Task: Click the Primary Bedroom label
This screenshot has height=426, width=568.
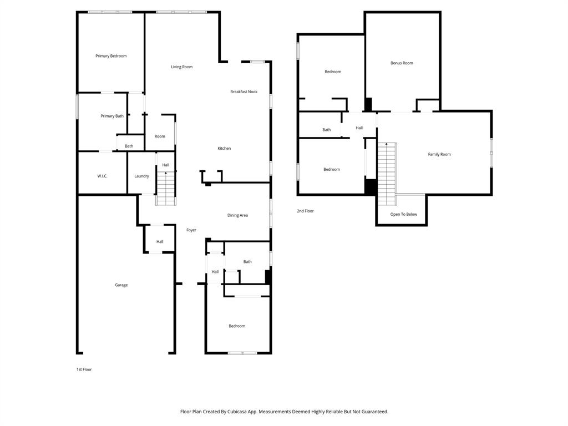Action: (x=111, y=56)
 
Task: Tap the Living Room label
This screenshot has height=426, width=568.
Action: (x=181, y=67)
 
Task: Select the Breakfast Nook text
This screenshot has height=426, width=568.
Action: (x=244, y=92)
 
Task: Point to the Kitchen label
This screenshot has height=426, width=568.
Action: (x=224, y=149)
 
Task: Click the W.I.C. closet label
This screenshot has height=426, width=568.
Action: (x=102, y=176)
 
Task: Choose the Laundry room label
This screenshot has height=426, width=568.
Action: (x=141, y=176)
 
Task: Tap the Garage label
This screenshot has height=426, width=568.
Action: (x=121, y=285)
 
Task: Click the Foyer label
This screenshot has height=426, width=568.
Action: (x=191, y=230)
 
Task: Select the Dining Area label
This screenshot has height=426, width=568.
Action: (x=237, y=215)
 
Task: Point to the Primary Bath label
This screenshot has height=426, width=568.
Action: (x=111, y=116)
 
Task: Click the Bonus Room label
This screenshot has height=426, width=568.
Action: (x=402, y=63)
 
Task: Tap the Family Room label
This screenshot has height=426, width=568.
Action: (x=439, y=155)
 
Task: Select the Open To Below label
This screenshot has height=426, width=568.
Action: (x=403, y=215)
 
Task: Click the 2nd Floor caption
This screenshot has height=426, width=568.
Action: (x=305, y=211)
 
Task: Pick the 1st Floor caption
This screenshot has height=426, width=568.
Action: (x=84, y=369)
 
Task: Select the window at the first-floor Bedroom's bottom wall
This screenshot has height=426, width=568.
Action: (x=242, y=353)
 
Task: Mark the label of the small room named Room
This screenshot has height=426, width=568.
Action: (x=160, y=136)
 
